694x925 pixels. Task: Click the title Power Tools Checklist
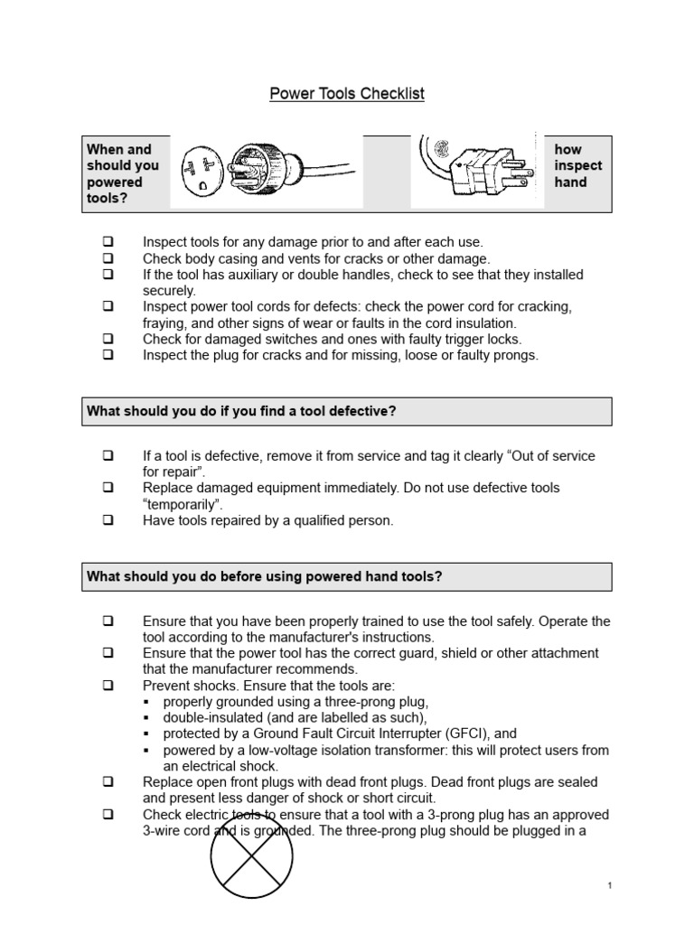[347, 94]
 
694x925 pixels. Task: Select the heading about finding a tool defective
[241, 411]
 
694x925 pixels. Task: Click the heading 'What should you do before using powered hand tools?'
[264, 576]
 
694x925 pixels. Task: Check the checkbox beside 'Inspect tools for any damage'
[108, 242]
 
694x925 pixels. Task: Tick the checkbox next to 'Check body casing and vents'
[108, 258]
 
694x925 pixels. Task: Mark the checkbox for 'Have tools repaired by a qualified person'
[108, 520]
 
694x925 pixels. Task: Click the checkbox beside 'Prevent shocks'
[108, 686]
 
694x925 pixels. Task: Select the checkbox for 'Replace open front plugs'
[108, 782]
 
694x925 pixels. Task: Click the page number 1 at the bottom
[610, 886]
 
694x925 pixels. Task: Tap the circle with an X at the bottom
[252, 857]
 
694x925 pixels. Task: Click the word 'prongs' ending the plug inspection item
[514, 356]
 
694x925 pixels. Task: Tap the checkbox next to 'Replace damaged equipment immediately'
[108, 488]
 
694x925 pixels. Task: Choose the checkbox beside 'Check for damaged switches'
[108, 340]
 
